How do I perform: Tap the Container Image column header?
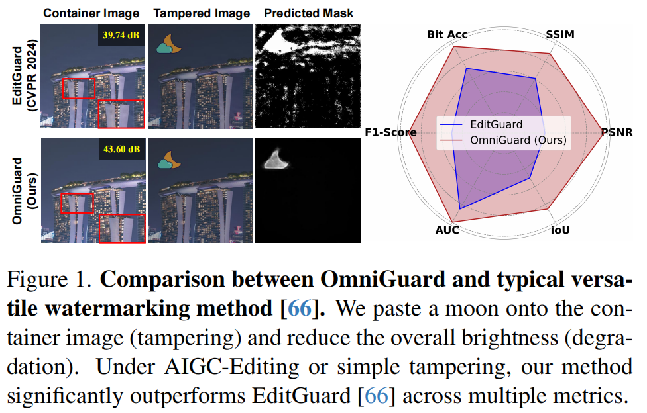click(92, 13)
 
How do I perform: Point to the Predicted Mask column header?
click(308, 13)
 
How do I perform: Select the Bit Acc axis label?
click(447, 34)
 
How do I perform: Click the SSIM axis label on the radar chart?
click(561, 34)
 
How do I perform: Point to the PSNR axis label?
click(617, 132)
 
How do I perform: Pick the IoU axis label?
click(561, 230)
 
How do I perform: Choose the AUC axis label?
click(447, 230)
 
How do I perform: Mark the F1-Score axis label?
click(390, 132)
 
